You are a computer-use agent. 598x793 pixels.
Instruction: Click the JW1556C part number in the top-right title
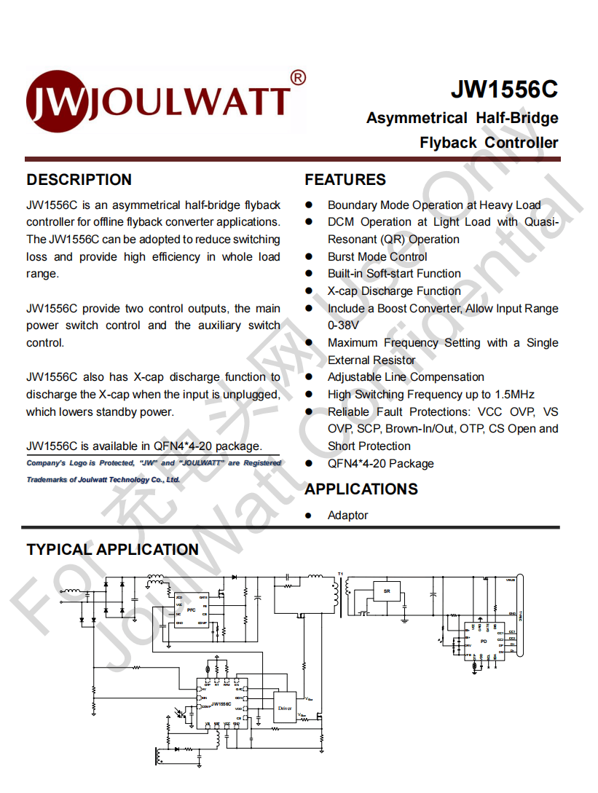[504, 89]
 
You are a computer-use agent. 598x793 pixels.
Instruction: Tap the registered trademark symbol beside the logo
[298, 77]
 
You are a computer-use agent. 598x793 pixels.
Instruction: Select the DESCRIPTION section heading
[79, 180]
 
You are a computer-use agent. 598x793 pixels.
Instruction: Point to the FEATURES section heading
[345, 180]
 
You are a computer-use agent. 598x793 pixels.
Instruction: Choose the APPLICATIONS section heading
[361, 489]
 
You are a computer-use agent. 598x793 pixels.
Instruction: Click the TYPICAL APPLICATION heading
[112, 550]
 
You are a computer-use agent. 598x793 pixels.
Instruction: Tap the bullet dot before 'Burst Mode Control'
[309, 257]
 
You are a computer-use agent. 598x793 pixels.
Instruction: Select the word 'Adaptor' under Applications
[347, 516]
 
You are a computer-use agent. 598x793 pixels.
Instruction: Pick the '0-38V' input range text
[343, 326]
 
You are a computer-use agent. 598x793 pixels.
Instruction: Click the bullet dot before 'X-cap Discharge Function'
[309, 291]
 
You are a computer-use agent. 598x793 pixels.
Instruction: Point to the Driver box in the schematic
[284, 706]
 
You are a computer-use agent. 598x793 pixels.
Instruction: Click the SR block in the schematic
[387, 591]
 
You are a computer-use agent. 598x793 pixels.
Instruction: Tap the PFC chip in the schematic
[192, 609]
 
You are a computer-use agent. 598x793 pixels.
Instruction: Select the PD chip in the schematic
[483, 642]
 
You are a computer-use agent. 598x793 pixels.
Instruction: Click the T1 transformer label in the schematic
[339, 574]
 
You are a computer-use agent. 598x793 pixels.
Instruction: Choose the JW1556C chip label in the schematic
[221, 704]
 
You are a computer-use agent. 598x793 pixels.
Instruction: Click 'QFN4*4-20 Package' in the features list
[380, 464]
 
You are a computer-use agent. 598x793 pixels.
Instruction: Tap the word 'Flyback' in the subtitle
[448, 143]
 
